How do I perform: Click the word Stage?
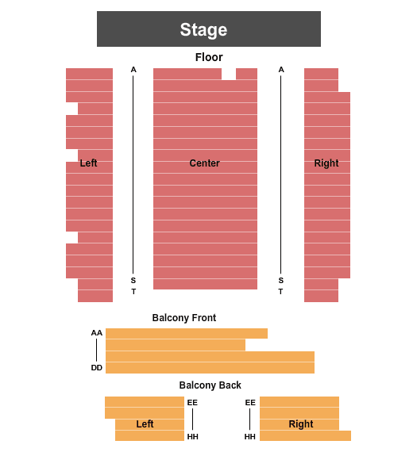203,30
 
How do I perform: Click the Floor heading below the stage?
209,57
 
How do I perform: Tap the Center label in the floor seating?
204,163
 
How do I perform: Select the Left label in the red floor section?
88,163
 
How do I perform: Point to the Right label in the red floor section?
326,163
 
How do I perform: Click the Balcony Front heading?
184,318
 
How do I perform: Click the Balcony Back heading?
210,385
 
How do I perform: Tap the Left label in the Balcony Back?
145,424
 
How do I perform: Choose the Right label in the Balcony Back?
301,424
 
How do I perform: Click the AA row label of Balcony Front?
97,333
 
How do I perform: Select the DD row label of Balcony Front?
97,368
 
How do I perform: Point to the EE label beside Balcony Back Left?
192,403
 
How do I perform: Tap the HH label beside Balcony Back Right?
250,437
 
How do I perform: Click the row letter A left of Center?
133,70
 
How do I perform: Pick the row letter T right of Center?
280,291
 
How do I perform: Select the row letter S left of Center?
133,281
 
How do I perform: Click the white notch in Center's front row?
229,74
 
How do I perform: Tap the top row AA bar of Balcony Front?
187,334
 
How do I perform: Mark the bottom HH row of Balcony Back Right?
305,435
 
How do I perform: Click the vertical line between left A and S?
133,174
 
